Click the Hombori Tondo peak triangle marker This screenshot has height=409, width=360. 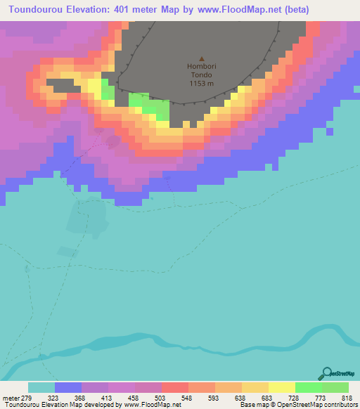point(202,59)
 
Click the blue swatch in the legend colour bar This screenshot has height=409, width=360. point(68,387)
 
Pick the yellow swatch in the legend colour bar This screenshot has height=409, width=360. point(282,387)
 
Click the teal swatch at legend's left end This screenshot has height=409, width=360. point(41,387)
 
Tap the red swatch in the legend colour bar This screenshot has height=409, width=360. point(175,387)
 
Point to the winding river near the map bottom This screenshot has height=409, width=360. point(176,342)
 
